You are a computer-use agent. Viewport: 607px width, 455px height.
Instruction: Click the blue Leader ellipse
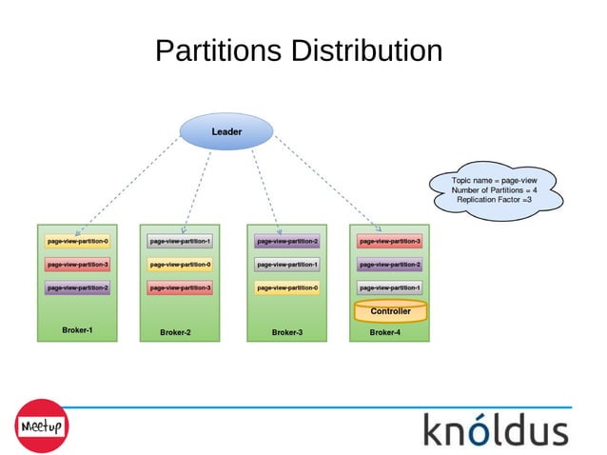click(226, 131)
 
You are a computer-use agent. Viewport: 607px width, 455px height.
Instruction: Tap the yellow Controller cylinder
click(390, 311)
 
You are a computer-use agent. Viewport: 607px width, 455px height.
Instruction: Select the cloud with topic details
click(495, 189)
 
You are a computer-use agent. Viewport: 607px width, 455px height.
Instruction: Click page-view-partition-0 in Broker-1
click(78, 242)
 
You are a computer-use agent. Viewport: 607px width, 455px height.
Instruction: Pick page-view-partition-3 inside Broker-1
click(78, 265)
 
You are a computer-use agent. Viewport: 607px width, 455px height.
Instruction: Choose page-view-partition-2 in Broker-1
click(78, 287)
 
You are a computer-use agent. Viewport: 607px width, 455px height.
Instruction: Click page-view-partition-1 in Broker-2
click(180, 242)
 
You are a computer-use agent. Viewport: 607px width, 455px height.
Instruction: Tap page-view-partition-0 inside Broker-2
click(180, 265)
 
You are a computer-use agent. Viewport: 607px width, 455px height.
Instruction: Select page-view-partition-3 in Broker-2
click(180, 287)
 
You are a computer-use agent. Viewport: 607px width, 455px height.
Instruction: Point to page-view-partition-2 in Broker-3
click(286, 242)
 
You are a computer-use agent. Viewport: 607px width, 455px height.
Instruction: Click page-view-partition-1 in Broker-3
click(286, 265)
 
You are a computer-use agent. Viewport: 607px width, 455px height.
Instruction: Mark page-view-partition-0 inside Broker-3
click(286, 287)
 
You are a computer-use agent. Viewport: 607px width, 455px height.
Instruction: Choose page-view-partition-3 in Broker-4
click(389, 242)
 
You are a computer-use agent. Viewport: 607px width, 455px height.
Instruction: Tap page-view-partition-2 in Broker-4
click(389, 265)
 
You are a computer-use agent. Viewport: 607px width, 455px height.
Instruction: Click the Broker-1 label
click(77, 330)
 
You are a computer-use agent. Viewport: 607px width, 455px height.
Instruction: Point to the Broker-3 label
click(286, 332)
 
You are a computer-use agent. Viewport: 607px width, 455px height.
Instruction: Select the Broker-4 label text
click(384, 332)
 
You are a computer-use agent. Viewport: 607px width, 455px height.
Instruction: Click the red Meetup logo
click(40, 425)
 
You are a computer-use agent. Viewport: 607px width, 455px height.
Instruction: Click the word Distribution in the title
click(367, 50)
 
